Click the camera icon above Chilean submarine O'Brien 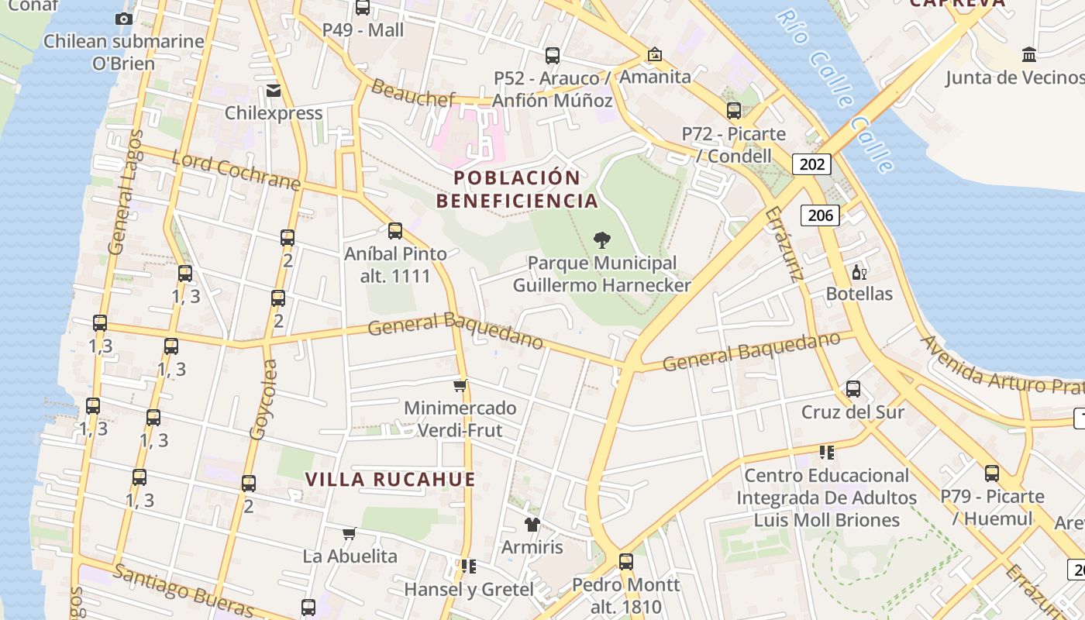(123, 19)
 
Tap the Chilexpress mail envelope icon (274, 91)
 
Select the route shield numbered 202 (811, 164)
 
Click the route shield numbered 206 (820, 215)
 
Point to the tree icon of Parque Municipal (601, 240)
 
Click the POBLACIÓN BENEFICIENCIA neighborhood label (517, 189)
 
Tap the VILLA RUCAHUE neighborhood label (390, 479)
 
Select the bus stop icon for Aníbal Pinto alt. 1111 (395, 230)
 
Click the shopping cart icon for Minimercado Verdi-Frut (460, 385)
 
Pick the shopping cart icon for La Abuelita (350, 533)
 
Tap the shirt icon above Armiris (532, 525)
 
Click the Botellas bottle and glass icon (859, 272)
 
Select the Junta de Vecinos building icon (1029, 54)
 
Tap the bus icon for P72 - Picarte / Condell (733, 111)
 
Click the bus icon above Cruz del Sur (853, 389)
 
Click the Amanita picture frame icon (655, 54)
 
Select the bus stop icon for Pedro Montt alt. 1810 (625, 561)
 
